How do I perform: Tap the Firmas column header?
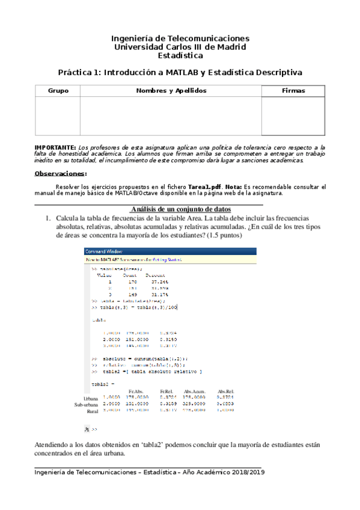pyautogui.click(x=293, y=91)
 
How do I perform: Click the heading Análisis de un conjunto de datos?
pyautogui.click(x=180, y=208)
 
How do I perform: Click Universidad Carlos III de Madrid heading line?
pyautogui.click(x=180, y=47)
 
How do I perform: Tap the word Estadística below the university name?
pyautogui.click(x=180, y=55)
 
